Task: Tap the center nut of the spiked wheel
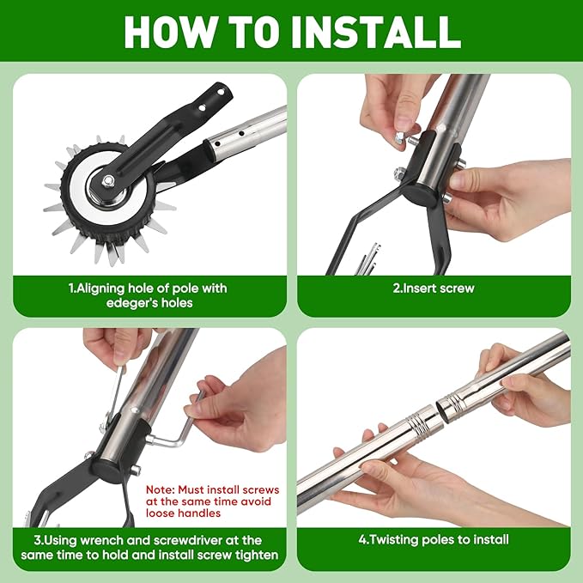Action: (108, 180)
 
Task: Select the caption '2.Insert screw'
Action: (434, 288)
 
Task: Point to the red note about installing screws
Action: (212, 501)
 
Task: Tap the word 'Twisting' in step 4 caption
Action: (396, 540)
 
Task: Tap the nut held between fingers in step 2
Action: (399, 138)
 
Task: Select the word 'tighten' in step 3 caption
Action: (257, 555)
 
